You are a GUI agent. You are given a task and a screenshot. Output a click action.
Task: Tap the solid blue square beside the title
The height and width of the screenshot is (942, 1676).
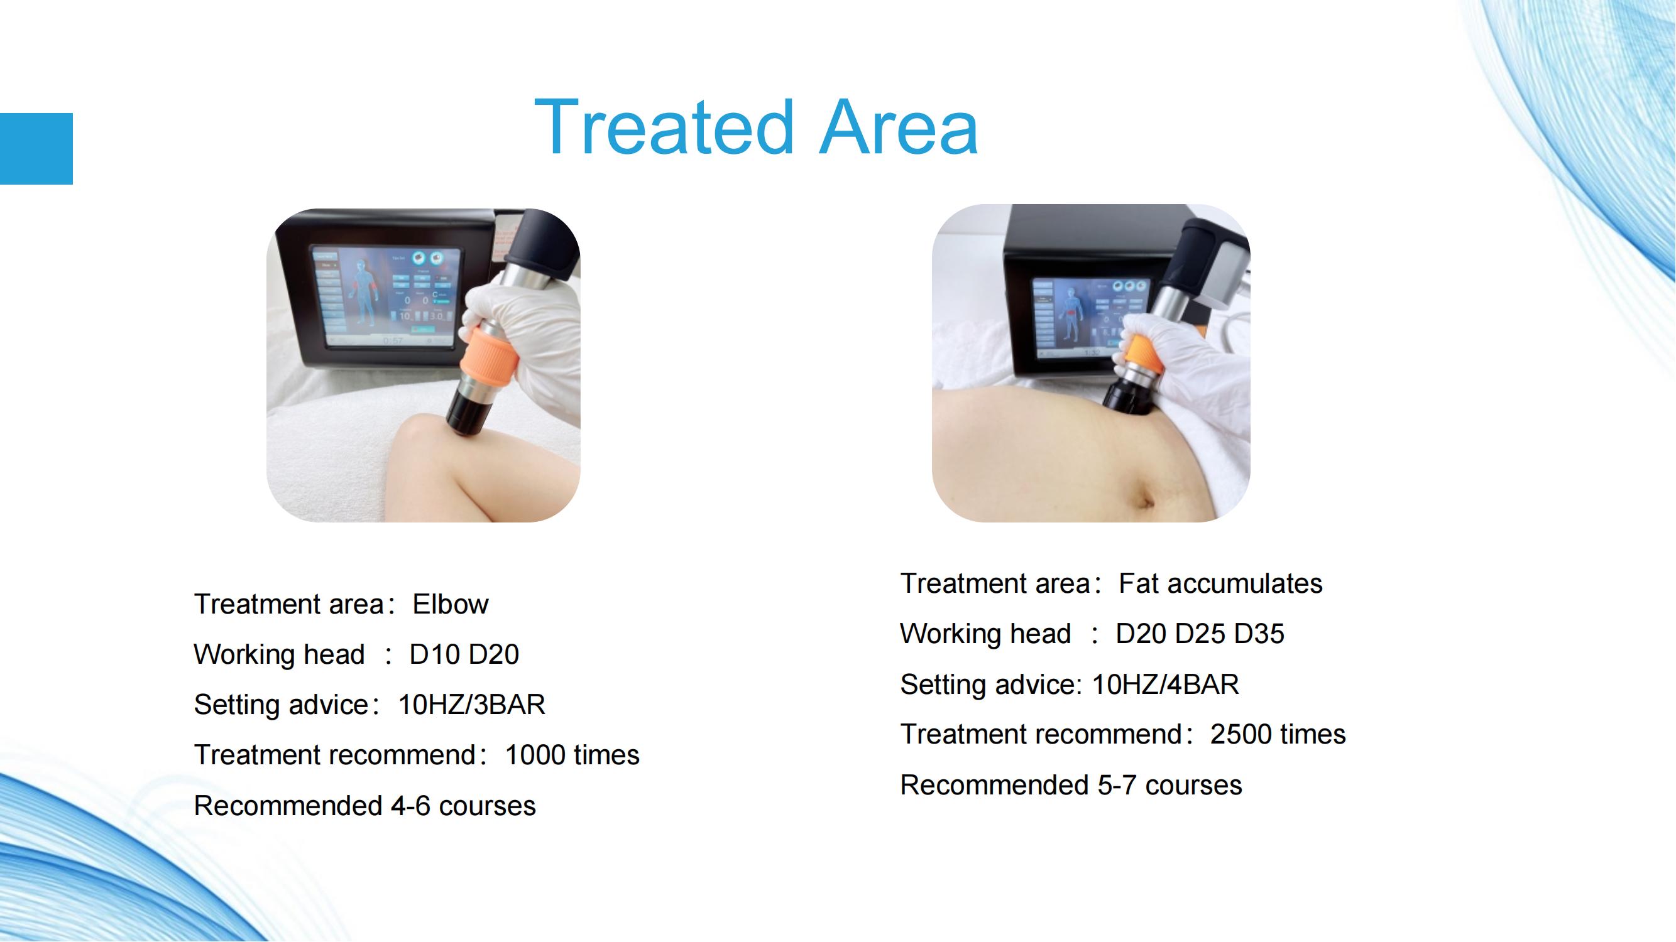tap(36, 149)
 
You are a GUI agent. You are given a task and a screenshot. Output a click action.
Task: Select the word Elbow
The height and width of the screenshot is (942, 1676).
tap(450, 604)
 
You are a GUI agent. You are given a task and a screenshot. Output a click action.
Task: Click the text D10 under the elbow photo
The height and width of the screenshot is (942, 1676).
tap(435, 654)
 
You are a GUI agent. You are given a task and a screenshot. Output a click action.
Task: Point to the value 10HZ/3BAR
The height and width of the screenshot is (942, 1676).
tap(472, 705)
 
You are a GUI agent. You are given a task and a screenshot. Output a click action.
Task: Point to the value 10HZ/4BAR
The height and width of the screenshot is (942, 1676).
tap(1165, 684)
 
